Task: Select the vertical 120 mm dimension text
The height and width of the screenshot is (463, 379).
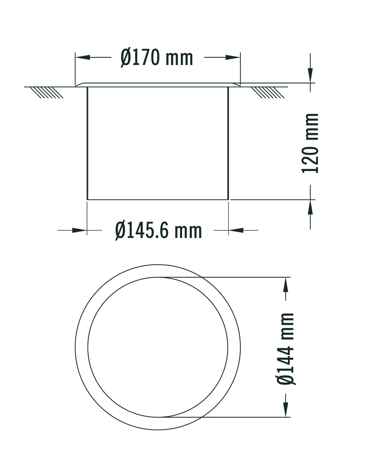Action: (310, 143)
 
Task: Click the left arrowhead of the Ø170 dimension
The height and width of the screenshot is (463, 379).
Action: (82, 57)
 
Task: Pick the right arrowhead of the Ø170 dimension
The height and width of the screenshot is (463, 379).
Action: (233, 57)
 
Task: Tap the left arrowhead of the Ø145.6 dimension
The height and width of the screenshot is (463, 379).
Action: (79, 230)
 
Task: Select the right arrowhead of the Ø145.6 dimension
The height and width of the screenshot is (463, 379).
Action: (236, 230)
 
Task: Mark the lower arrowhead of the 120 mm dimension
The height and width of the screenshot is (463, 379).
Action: (310, 207)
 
